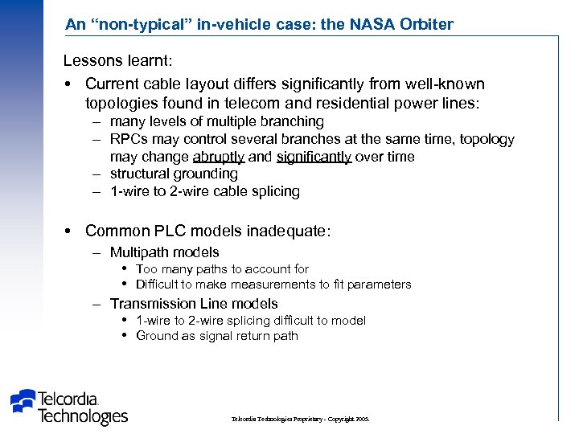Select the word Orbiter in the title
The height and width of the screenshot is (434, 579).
coord(423,24)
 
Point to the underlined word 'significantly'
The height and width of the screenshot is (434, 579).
coord(314,157)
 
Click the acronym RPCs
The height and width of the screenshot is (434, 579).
coord(128,139)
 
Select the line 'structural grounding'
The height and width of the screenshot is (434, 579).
coord(174,174)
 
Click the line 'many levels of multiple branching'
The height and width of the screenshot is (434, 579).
coord(216,121)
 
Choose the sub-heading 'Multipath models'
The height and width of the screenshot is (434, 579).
coord(164,252)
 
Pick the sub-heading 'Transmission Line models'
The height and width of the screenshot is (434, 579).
coord(194,304)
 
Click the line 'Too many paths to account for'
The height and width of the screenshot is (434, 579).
coord(222,269)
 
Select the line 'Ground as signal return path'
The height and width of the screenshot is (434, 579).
coord(217,336)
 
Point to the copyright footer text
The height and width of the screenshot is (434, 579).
coord(299,420)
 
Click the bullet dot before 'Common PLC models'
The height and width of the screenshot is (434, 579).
coord(69,231)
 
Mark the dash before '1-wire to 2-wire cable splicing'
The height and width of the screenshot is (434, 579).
coord(95,191)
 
